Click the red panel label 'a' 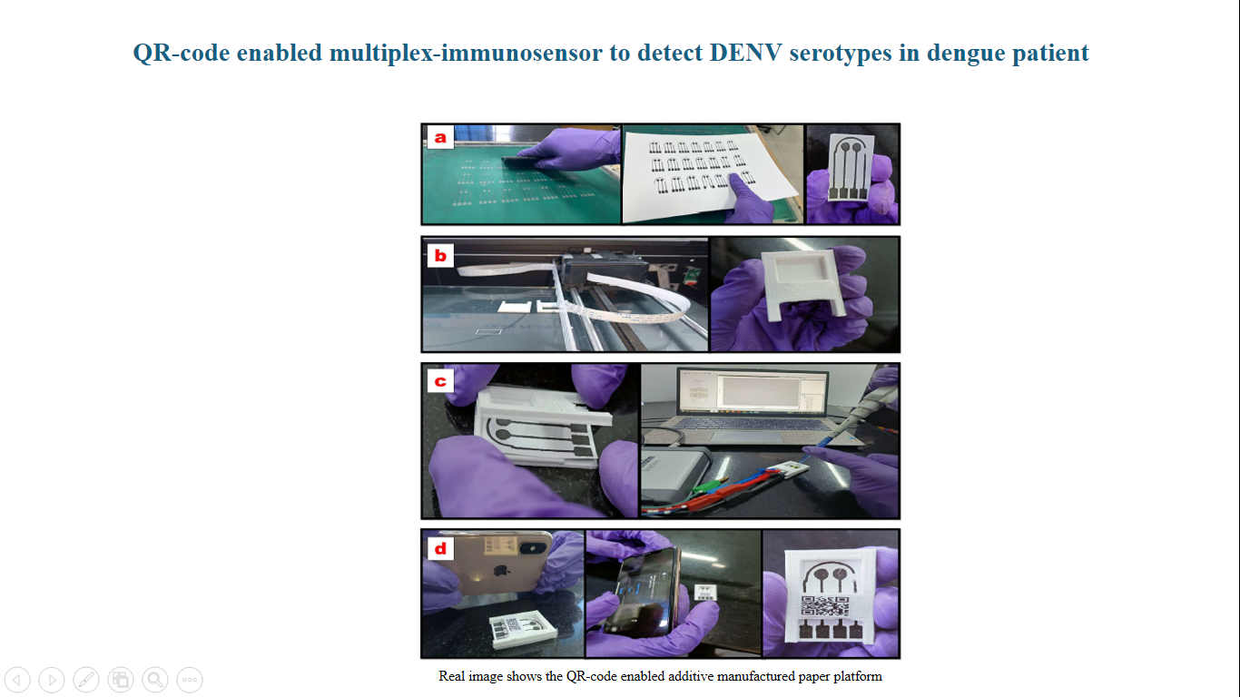(x=440, y=137)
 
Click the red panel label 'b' (x=440, y=256)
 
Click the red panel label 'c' (x=440, y=381)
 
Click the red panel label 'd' (x=440, y=549)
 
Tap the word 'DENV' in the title (x=745, y=54)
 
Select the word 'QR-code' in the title (x=181, y=54)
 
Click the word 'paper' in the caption (x=803, y=676)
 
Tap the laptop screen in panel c (x=753, y=391)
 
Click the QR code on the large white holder (x=825, y=606)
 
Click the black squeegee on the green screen (x=520, y=162)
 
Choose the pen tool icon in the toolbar (x=86, y=679)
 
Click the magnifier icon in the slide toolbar (x=155, y=679)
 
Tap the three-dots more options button (x=190, y=679)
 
